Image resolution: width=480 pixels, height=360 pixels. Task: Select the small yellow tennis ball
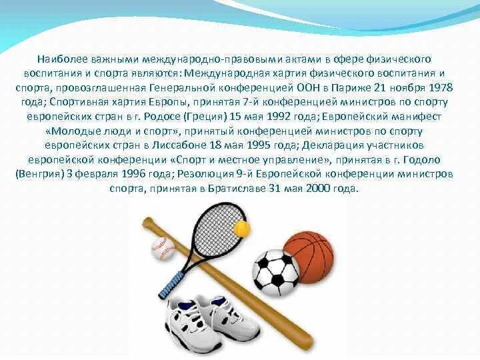pyautogui.click(x=241, y=230)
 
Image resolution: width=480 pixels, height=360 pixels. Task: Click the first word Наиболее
pyautogui.click(x=61, y=59)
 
